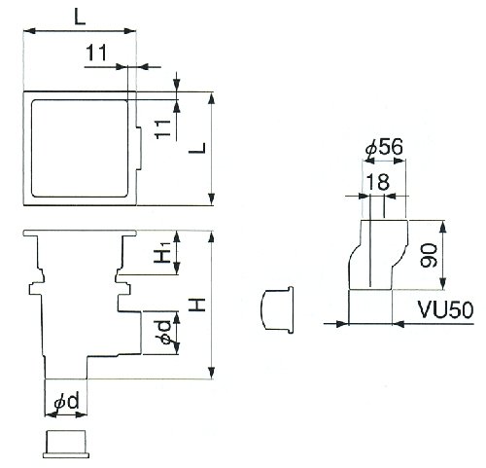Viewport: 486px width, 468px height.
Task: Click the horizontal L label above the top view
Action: (x=80, y=17)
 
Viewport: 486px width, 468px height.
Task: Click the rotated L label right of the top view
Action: (x=197, y=148)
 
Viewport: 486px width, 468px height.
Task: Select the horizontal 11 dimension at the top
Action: (x=96, y=54)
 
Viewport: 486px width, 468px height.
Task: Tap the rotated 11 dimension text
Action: (x=163, y=129)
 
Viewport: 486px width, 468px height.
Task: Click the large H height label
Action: (x=198, y=305)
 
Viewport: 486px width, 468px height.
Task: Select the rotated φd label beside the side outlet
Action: (x=165, y=333)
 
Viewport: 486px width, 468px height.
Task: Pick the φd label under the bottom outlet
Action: (x=67, y=402)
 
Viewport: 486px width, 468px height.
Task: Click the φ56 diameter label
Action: (x=384, y=148)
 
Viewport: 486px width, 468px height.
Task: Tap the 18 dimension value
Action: (x=378, y=182)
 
